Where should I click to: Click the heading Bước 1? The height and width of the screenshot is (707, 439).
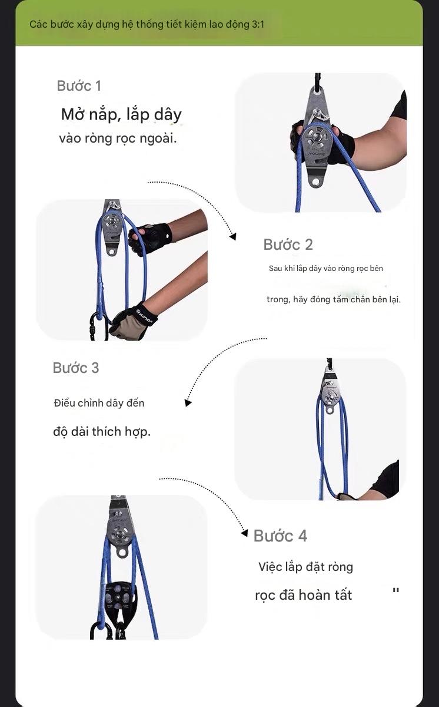click(79, 86)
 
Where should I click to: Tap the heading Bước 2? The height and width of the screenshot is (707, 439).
click(288, 245)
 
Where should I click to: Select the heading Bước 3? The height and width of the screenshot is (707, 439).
click(76, 368)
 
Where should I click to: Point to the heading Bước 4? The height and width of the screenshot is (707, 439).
click(280, 536)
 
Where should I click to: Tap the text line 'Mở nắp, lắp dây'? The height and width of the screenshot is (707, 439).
click(121, 114)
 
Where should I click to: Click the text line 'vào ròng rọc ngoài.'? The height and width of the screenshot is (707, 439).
click(118, 139)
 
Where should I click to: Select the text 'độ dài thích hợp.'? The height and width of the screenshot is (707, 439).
click(102, 431)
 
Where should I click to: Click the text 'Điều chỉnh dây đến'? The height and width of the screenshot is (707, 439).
click(99, 404)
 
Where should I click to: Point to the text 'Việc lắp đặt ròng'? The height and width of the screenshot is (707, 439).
click(305, 567)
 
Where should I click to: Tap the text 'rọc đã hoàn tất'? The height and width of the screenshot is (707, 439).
click(303, 595)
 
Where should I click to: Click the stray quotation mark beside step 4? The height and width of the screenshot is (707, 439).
click(395, 591)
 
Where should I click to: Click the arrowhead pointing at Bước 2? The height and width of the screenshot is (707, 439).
click(233, 237)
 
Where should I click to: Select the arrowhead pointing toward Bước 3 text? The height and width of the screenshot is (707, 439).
click(188, 403)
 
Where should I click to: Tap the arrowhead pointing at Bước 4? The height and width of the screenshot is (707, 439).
click(244, 534)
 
